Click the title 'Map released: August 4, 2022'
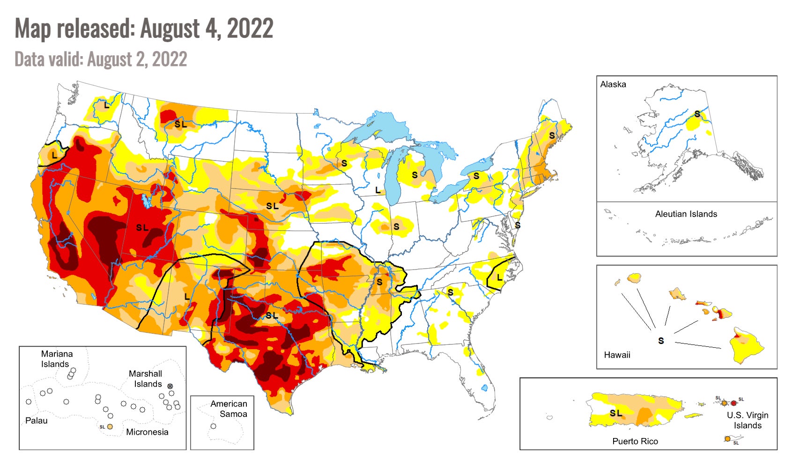click(144, 29)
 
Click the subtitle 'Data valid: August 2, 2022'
click(101, 59)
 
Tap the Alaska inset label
click(613, 84)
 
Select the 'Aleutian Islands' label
click(686, 214)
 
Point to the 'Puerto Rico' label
click(635, 441)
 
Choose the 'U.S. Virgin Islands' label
click(747, 420)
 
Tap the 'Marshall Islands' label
click(146, 379)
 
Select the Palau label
click(36, 420)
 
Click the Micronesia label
click(147, 432)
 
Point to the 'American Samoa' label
click(229, 409)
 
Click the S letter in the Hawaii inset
click(660, 341)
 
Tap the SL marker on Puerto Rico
click(615, 413)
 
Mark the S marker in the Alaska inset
click(697, 114)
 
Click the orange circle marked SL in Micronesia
click(110, 427)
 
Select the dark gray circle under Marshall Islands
click(170, 386)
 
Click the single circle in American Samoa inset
click(213, 426)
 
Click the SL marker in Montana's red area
click(180, 124)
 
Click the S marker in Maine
click(552, 135)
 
